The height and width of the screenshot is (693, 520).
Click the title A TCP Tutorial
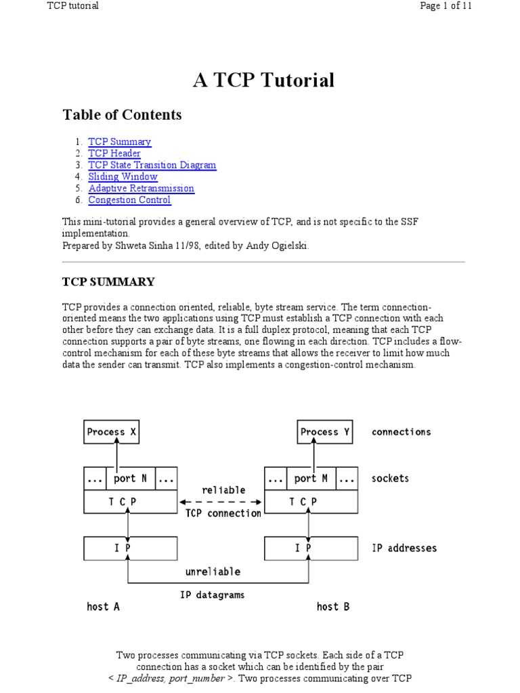coord(264,81)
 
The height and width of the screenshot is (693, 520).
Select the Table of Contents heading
coord(122,114)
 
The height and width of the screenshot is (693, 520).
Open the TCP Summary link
coord(120,142)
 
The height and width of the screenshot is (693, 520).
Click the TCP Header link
coord(114,154)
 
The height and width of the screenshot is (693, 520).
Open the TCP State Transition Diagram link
coord(152,165)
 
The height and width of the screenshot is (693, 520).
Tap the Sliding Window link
coord(123,177)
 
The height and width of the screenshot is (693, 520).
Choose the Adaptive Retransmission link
coord(141,188)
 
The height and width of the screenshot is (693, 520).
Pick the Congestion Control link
coord(129,200)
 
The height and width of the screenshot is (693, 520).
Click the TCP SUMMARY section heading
coord(108,282)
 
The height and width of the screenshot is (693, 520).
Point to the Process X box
coord(112,432)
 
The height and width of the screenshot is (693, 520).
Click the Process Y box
coord(325,432)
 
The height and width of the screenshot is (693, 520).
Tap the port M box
coord(311,478)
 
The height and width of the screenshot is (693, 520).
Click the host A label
coord(103,606)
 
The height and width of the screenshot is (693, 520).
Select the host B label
coord(332,606)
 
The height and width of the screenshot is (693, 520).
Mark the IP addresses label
coord(404,547)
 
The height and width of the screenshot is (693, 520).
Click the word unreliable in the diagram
coord(213,571)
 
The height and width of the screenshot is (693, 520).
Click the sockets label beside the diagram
coord(391,478)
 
